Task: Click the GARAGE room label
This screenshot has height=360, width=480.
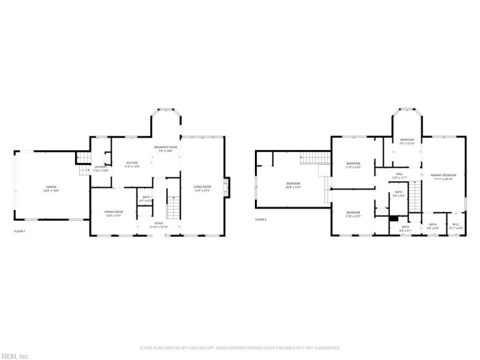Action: point(50,187)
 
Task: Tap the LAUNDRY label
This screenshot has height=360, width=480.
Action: point(100,167)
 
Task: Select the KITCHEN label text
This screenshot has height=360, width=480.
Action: point(132,163)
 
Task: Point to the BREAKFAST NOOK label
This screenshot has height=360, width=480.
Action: point(165,148)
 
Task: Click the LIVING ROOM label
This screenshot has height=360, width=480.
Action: point(202,187)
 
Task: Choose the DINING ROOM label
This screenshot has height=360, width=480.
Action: point(114,212)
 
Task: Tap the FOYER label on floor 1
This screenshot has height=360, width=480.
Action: point(159,223)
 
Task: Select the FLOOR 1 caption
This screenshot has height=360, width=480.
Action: point(20,231)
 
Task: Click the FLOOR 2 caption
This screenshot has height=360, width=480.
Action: point(261,220)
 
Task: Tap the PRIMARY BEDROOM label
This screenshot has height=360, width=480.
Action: point(443,175)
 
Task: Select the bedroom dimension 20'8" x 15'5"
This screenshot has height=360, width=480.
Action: point(293,187)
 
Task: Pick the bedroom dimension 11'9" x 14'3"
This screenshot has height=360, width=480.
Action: point(353,167)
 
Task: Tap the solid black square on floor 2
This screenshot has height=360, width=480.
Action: point(394,219)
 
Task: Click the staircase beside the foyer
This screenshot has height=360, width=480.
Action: point(173,207)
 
